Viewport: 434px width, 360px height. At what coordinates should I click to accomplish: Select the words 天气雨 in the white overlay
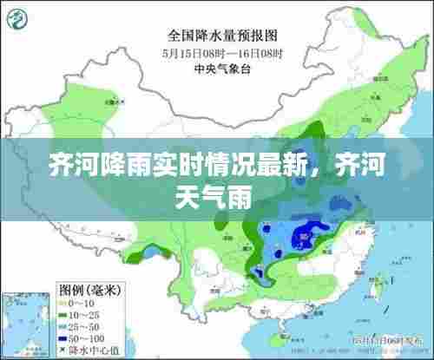point(216,199)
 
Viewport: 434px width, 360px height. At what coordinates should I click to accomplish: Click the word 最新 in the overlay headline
point(278,165)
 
